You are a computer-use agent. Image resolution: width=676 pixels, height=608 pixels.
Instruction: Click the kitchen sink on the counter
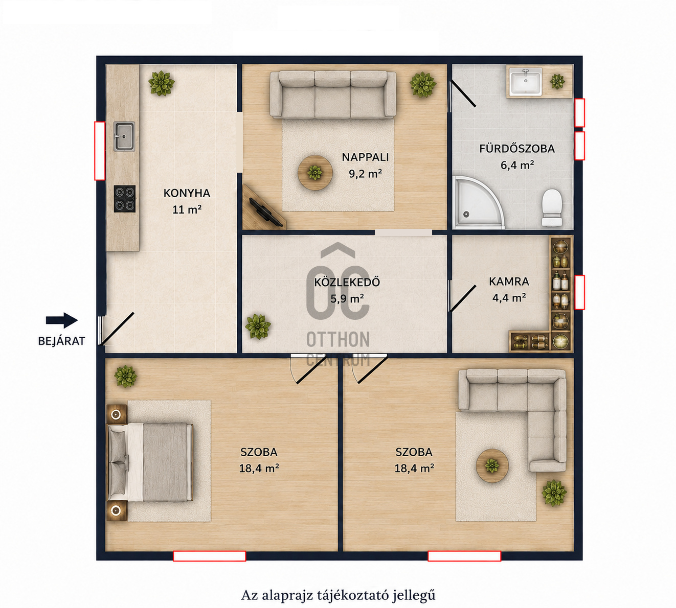pos(124,136)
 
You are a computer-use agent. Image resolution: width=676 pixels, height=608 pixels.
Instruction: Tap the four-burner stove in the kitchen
pos(125,199)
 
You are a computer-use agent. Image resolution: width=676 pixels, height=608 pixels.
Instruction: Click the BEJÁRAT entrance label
pos(61,341)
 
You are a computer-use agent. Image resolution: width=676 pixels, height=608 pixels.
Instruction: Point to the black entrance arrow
pos(62,320)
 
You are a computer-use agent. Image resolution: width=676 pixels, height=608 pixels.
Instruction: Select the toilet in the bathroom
pos(552,207)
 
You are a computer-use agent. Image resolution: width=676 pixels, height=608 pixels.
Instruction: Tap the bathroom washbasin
pos(525,82)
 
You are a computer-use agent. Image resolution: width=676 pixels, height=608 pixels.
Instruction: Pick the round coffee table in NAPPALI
pos(315,173)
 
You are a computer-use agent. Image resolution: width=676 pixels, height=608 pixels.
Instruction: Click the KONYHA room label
pos(187,193)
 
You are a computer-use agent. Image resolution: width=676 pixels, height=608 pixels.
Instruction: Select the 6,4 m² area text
pos(517,165)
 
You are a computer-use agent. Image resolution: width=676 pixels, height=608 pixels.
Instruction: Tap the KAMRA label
pos(509,282)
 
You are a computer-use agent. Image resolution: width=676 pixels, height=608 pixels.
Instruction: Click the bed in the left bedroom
pos(150,462)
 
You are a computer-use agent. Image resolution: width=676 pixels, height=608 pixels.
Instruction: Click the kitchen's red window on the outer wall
pos(100,151)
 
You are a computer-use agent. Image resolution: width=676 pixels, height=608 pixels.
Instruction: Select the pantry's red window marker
pos(579,292)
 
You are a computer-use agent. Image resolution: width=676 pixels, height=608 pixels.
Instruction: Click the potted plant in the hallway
pos(258,326)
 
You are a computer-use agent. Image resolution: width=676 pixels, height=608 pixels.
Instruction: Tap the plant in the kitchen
pos(162,83)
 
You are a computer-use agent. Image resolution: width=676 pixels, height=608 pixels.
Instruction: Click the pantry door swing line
pos(463,298)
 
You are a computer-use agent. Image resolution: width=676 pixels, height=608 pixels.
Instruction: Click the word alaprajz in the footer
pos(288,595)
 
